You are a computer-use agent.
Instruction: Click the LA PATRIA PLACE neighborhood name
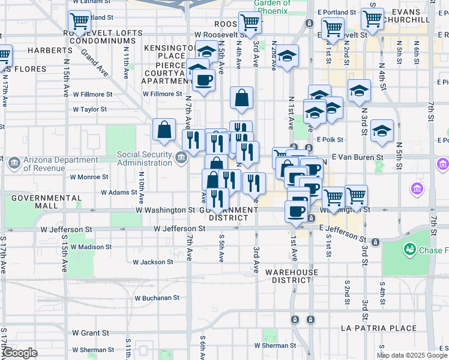click(x=378, y=328)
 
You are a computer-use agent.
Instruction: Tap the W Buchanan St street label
click(x=157, y=298)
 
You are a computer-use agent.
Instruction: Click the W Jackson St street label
click(x=153, y=262)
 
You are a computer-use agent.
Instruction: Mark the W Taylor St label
click(x=89, y=110)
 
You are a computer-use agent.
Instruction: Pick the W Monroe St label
click(x=89, y=177)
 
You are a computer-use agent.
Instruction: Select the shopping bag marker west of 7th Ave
click(x=164, y=129)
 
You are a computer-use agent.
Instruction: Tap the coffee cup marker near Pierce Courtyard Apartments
click(x=203, y=80)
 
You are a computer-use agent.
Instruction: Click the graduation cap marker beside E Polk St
click(x=382, y=131)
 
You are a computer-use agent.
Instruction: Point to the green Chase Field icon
click(x=411, y=248)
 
